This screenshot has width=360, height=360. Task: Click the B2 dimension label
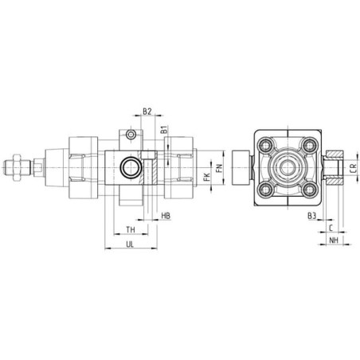pos(147,112)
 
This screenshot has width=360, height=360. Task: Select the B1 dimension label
pos(164,130)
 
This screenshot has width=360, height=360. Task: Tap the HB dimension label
pos(166,216)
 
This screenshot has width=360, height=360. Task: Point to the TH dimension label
pos(131,229)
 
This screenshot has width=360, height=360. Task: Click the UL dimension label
pos(130,245)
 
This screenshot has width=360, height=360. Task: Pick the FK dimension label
pos(207,177)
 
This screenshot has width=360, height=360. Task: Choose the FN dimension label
pos(219,169)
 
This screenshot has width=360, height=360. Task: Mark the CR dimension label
pos(353,169)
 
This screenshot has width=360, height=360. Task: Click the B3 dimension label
pos(312,216)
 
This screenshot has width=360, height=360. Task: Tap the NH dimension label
pos(334,240)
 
